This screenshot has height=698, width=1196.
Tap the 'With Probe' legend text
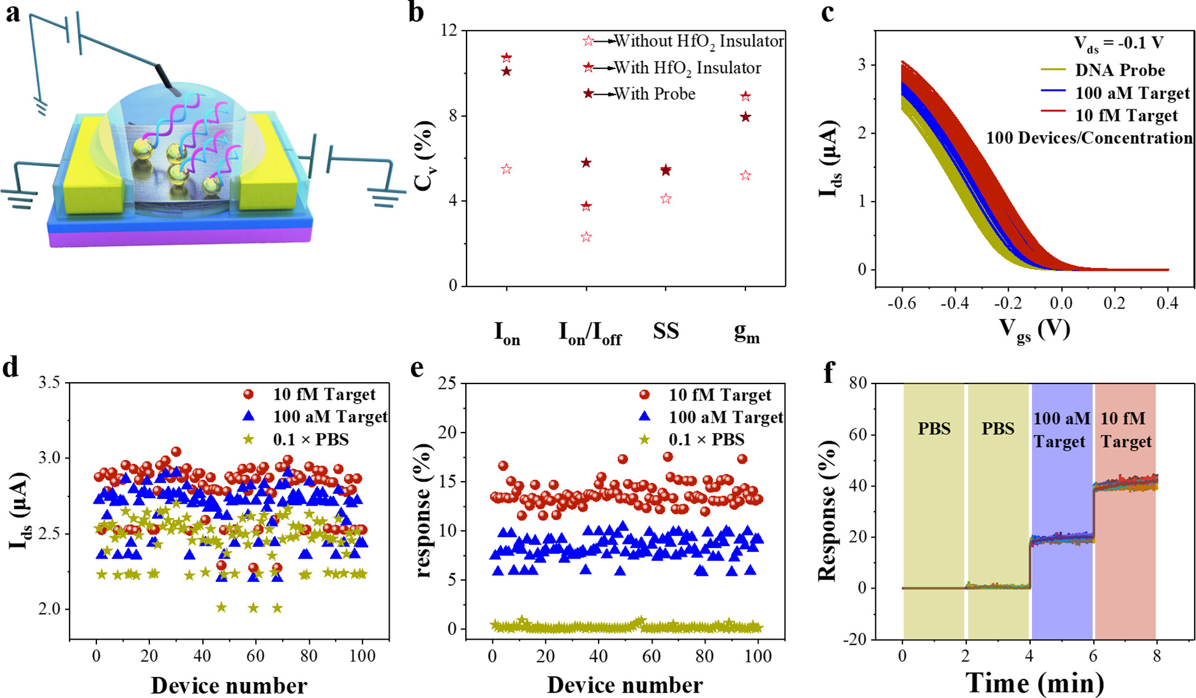(655, 94)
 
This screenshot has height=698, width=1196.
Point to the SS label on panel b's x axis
(666, 331)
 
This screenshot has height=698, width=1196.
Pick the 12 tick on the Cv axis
(449, 30)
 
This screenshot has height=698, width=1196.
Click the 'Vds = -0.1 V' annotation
(1119, 44)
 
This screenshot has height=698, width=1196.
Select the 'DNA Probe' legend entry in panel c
(1120, 70)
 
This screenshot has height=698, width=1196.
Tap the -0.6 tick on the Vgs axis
(902, 303)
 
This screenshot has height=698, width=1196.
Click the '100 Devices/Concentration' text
(1089, 138)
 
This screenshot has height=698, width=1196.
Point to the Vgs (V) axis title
(1034, 330)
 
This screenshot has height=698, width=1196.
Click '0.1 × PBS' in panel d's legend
(310, 439)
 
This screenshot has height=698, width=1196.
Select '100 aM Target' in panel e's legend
(725, 417)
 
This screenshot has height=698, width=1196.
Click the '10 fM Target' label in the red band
(1125, 429)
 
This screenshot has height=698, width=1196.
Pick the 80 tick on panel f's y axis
(856, 383)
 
